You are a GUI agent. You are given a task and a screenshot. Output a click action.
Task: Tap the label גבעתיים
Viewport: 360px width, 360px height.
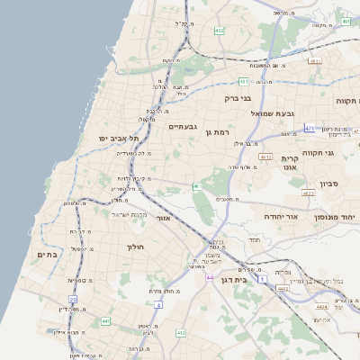[184, 127]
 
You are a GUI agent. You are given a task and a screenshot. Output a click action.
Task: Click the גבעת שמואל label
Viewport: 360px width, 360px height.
[287, 113]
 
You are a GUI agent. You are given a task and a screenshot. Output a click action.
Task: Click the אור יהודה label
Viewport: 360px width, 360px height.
[281, 217]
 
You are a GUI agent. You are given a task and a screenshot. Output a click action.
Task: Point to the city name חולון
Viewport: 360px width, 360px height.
[136, 247]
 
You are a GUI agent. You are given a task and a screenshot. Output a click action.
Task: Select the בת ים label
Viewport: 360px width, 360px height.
[47, 256]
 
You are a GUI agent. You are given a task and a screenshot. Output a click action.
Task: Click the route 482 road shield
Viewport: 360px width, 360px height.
[220, 31]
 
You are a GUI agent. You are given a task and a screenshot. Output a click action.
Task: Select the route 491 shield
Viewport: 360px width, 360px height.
[244, 81]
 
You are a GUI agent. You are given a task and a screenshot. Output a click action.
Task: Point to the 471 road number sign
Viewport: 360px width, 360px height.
[310, 129]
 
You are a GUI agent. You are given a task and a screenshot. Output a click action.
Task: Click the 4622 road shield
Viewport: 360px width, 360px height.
[309, 193]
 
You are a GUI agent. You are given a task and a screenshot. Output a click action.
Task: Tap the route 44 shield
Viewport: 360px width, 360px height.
[209, 278]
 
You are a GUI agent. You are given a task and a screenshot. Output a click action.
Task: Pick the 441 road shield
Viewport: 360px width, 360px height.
[105, 320]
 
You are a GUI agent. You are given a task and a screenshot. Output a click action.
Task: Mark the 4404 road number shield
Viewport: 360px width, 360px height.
[296, 307]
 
